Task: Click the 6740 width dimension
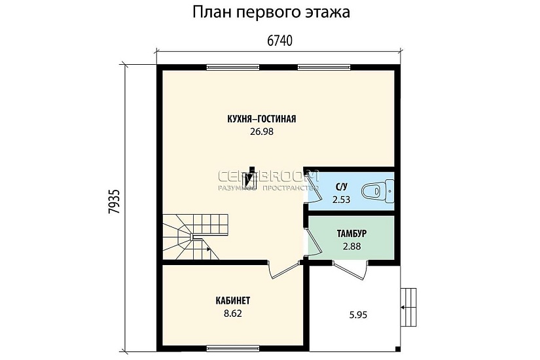(279, 41)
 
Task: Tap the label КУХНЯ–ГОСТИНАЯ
(262, 119)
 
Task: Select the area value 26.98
(261, 132)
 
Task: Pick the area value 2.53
(342, 200)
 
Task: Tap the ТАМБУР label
(351, 234)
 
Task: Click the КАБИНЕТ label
(233, 300)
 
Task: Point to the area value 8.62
(233, 314)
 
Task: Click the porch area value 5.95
(357, 314)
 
